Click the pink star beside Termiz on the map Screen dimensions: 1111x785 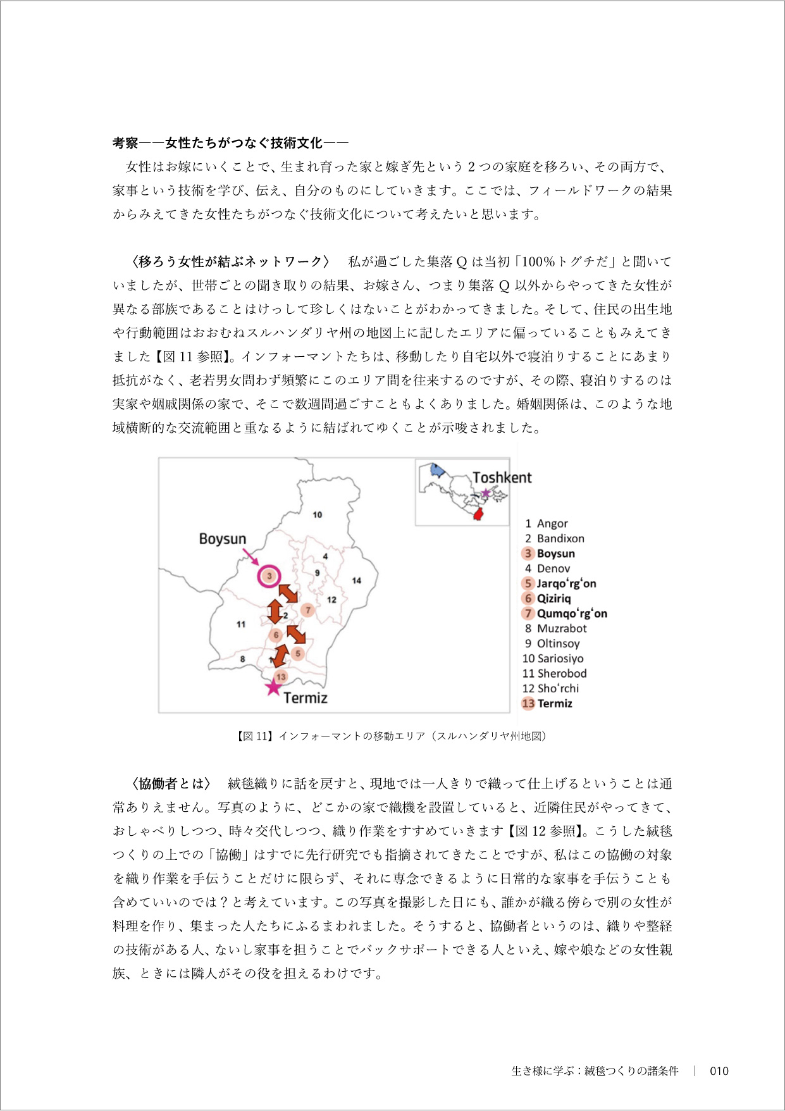click(x=273, y=686)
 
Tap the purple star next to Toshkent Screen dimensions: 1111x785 click(x=485, y=493)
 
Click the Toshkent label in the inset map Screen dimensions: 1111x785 click(x=502, y=478)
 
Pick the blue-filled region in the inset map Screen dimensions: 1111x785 click(x=436, y=470)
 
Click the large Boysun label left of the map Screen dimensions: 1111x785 click(x=222, y=539)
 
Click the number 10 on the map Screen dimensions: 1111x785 click(x=317, y=514)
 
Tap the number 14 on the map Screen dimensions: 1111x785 click(x=357, y=580)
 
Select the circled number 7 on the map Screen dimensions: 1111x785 click(x=308, y=610)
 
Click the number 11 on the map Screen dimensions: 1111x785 click(x=240, y=624)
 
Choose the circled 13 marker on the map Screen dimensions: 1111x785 click(x=281, y=676)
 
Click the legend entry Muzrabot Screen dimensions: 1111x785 click(x=561, y=628)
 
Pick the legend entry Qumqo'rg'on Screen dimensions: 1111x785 click(x=571, y=613)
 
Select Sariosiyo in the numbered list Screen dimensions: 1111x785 click(x=560, y=658)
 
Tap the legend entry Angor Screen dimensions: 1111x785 click(x=552, y=523)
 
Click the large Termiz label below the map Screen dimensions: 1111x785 click(x=305, y=698)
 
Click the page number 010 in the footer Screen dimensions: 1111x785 click(x=719, y=1071)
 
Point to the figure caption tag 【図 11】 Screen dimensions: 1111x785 click(x=255, y=736)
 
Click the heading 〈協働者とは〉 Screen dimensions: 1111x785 click(x=170, y=783)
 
